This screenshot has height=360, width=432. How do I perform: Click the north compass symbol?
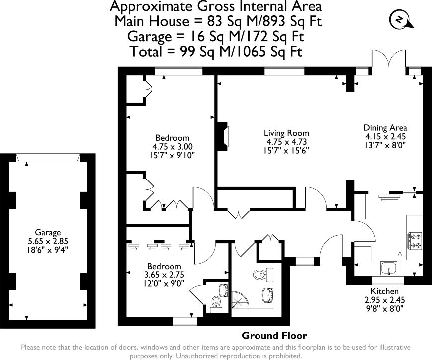400,20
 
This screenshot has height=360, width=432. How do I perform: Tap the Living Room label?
286,133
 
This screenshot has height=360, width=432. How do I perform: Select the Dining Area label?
385,128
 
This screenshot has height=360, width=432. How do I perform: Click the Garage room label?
48,233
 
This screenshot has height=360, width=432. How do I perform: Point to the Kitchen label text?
385,291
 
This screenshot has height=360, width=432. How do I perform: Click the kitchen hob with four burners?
415,241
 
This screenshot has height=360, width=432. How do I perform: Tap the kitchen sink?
389,269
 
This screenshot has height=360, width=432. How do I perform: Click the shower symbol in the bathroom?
240,300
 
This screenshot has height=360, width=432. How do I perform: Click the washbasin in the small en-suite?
223,290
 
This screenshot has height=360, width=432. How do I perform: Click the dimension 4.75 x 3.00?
173,146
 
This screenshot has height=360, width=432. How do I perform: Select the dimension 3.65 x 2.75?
164,275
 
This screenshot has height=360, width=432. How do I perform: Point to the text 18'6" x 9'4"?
48,250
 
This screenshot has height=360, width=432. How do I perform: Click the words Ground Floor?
274,336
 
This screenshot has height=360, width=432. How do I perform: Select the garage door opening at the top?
48,158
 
